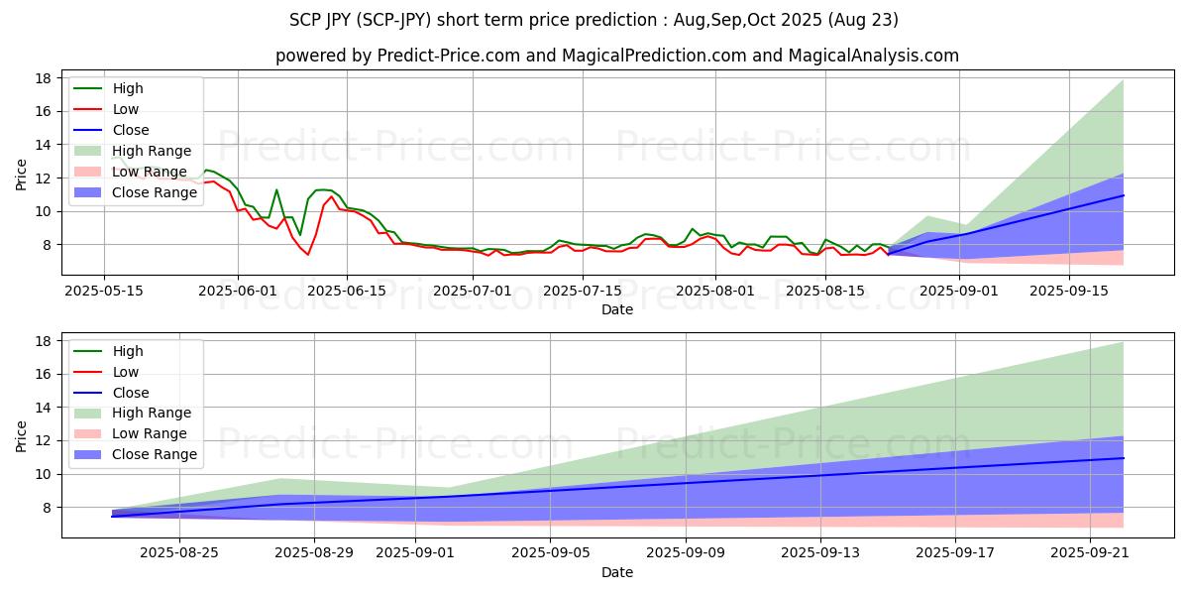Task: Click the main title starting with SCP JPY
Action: coord(594,20)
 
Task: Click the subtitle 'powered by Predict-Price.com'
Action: coord(616,57)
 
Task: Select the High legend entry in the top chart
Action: coord(128,88)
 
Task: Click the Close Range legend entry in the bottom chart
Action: coord(155,454)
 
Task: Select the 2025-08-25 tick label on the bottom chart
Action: coord(179,552)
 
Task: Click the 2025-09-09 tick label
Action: coord(686,552)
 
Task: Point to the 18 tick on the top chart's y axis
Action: coord(45,78)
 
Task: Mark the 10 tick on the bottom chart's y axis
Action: coord(45,474)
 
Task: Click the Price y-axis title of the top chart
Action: coord(22,174)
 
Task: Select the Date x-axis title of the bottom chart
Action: coord(616,572)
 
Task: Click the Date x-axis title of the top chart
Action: coord(616,309)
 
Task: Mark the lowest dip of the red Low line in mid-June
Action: coord(307,255)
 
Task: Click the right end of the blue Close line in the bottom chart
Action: coord(1124,458)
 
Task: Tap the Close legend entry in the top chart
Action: coord(131,130)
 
